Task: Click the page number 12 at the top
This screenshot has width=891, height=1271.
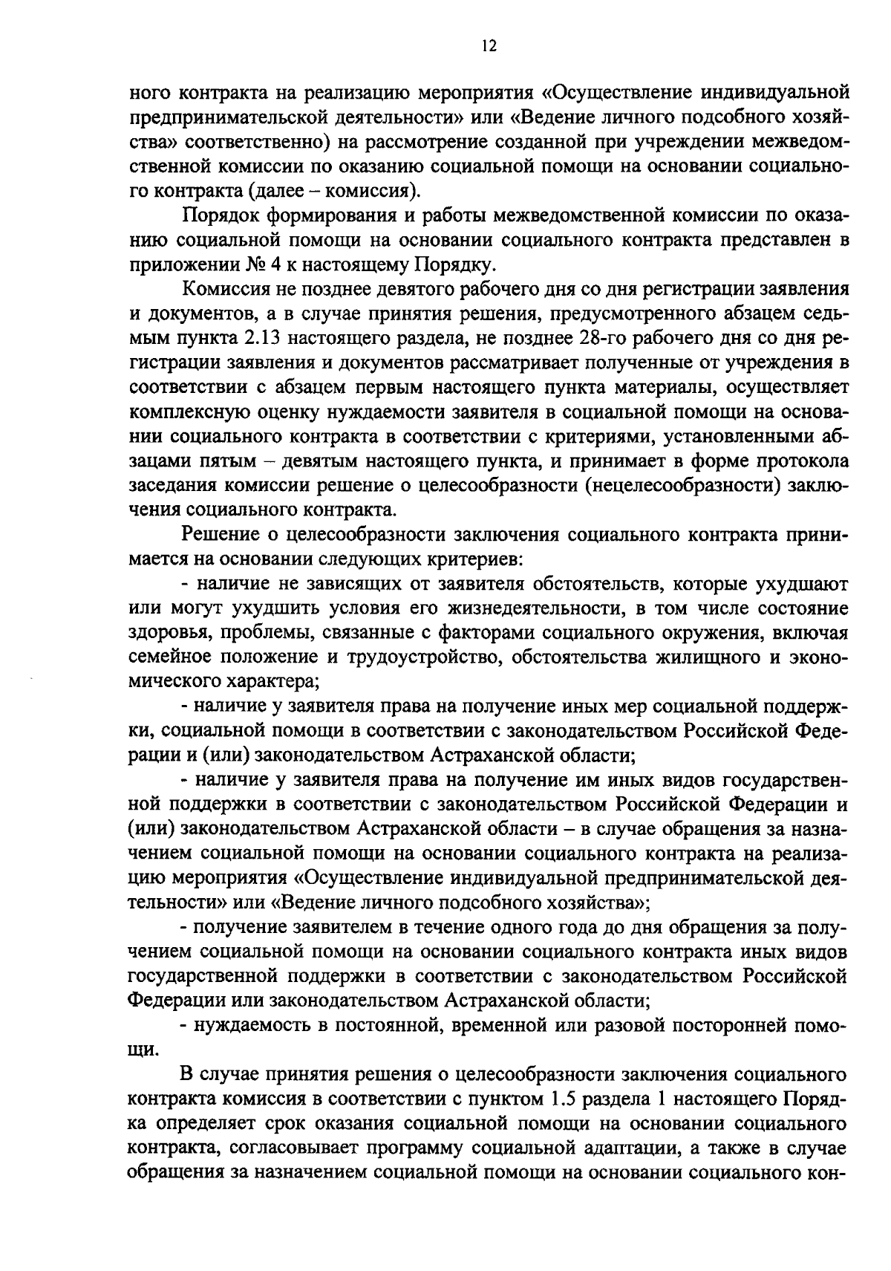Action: click(488, 47)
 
